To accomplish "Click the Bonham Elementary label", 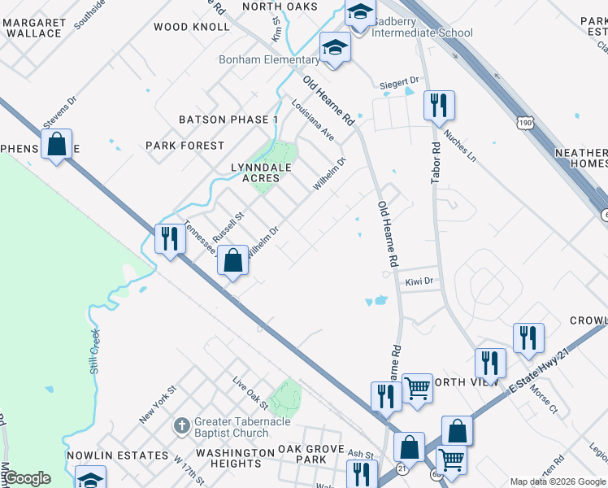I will [x=269, y=59].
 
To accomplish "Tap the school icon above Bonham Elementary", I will [x=334, y=48].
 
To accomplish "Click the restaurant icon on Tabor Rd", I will [x=439, y=105].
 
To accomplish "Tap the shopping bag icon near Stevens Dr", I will [x=57, y=145].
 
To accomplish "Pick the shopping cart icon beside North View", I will [x=417, y=389].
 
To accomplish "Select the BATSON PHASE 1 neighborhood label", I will [x=228, y=120].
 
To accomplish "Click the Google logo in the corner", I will [x=27, y=478].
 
